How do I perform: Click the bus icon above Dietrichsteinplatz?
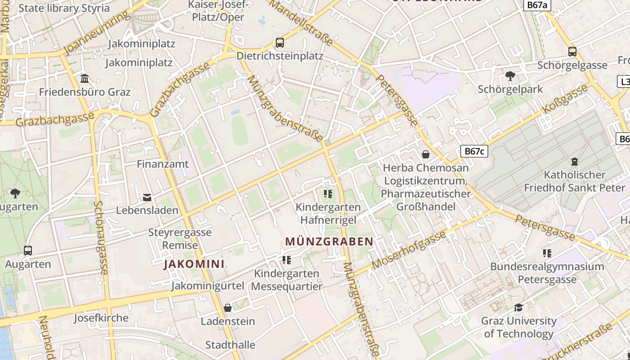[280, 43]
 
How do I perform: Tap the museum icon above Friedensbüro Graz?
[85, 79]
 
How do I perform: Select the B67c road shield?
[474, 151]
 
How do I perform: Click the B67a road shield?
[538, 5]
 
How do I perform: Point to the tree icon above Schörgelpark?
[510, 76]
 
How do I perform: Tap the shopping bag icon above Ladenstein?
[228, 308]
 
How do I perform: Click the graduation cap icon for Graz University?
[518, 307]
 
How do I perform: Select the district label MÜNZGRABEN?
[329, 242]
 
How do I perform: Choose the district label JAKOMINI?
[194, 264]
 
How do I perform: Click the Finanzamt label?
[163, 164]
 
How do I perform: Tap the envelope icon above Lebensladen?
[147, 197]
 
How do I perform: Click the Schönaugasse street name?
[100, 238]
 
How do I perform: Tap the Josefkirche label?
[101, 318]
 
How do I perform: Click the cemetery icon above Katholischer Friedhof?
[574, 161]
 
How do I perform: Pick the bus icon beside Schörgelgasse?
[572, 52]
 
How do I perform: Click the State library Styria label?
[64, 8]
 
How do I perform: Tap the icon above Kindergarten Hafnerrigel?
[328, 194]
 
